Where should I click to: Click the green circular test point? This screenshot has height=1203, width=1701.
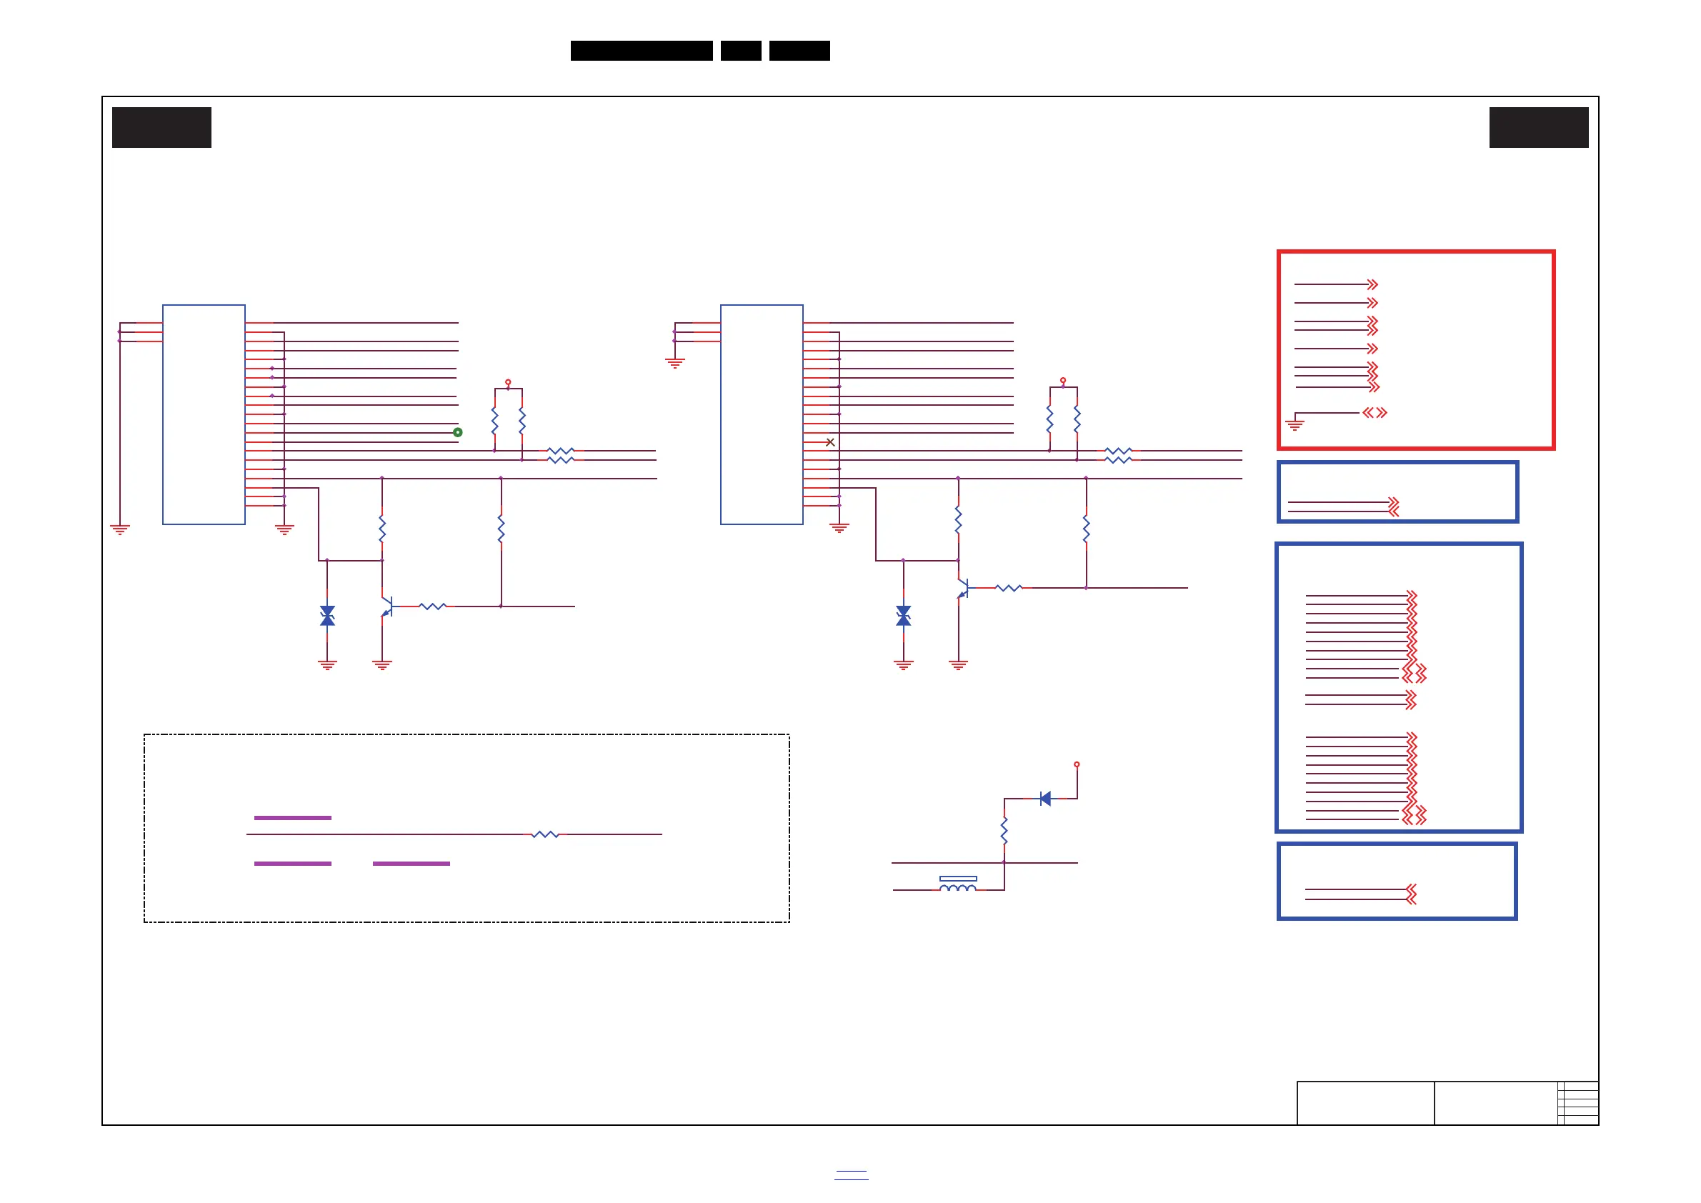pyautogui.click(x=458, y=432)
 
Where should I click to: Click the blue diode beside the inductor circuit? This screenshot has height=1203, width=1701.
pyautogui.click(x=1045, y=799)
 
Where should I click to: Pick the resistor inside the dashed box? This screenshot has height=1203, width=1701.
pyautogui.click(x=545, y=834)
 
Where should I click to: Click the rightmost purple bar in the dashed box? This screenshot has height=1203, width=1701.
pyautogui.click(x=411, y=864)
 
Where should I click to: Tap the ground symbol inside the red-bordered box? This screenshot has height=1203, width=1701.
pyautogui.click(x=1295, y=425)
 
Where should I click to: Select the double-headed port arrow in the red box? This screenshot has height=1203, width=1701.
pyautogui.click(x=1375, y=413)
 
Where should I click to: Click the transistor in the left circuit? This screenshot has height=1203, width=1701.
pyautogui.click(x=386, y=607)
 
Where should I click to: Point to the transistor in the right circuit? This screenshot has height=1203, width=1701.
pyautogui.click(x=962, y=588)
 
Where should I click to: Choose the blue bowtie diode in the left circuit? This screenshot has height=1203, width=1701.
pyautogui.click(x=327, y=616)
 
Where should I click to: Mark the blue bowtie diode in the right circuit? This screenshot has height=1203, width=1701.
pyautogui.click(x=903, y=616)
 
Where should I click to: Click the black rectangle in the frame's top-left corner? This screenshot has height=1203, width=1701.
pyautogui.click(x=161, y=127)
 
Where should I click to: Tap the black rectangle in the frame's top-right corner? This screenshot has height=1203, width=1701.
pyautogui.click(x=1539, y=127)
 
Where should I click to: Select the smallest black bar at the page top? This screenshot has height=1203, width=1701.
pyautogui.click(x=741, y=51)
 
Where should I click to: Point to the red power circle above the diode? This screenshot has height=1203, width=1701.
pyautogui.click(x=1077, y=764)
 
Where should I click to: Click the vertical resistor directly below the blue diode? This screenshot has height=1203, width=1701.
pyautogui.click(x=1004, y=831)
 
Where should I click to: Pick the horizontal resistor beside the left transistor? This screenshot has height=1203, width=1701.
pyautogui.click(x=433, y=607)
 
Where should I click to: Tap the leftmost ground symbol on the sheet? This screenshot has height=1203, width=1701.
pyautogui.click(x=120, y=529)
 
